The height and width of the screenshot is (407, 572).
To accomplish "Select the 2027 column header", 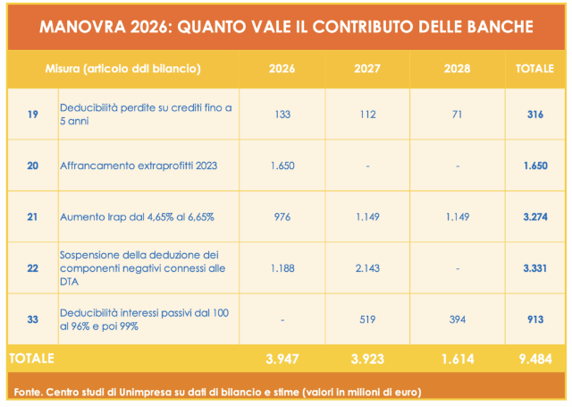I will pyautogui.click(x=368, y=69).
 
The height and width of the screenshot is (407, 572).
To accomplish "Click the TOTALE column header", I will pyautogui.click(x=534, y=69).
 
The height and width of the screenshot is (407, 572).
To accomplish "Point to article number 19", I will pyautogui.click(x=32, y=114).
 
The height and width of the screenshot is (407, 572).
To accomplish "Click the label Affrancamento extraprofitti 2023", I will pyautogui.click(x=139, y=165).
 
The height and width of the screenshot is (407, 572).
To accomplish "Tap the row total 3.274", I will pyautogui.click(x=534, y=216).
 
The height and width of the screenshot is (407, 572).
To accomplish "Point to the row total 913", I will pyautogui.click(x=534, y=319).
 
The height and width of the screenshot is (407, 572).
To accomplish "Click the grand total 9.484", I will pyautogui.click(x=534, y=359).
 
